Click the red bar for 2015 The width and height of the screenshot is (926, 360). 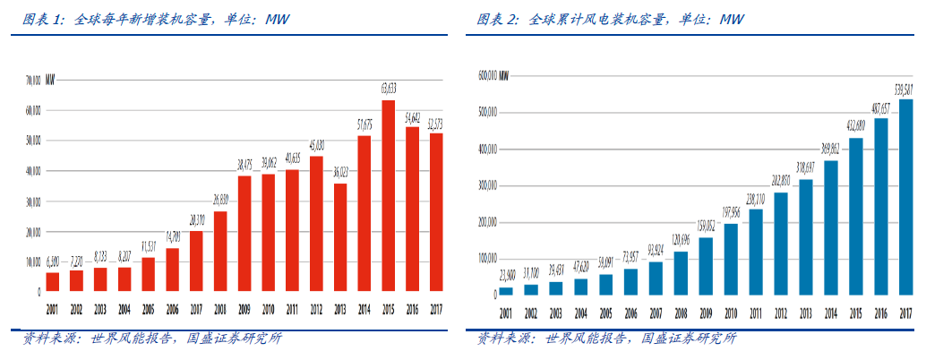tap(388, 197)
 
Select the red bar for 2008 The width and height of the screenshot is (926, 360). tap(220, 252)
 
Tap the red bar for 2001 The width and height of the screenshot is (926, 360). tap(53, 282)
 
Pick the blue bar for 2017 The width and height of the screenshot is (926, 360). tap(905, 197)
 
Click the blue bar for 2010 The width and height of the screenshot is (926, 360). tap(731, 259)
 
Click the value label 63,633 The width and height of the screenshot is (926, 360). tap(388, 90)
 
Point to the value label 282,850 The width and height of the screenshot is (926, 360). tap(781, 183)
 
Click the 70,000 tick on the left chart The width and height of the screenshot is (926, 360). tap(32, 80)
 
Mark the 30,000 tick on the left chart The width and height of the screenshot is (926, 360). tap(32, 201)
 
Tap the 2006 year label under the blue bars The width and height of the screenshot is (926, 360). tap(630, 313)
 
